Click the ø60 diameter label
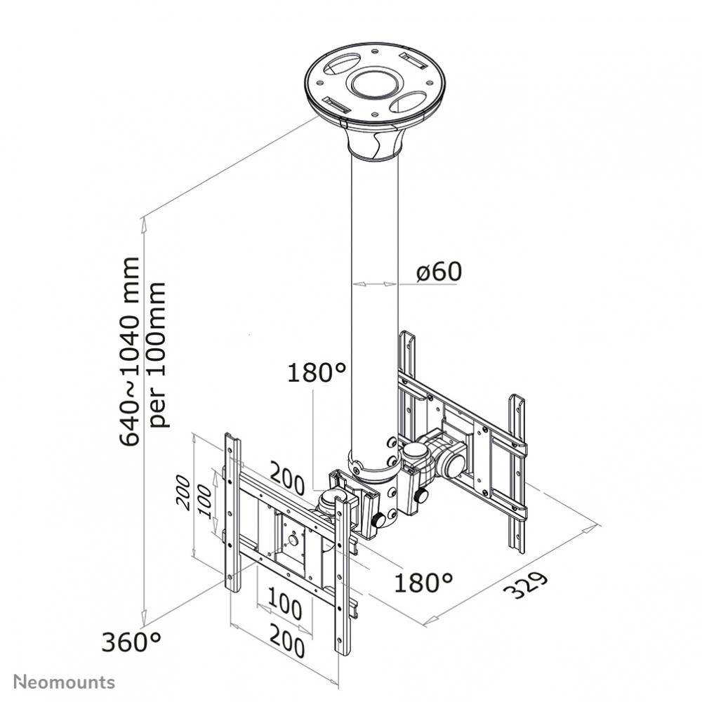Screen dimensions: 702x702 439,272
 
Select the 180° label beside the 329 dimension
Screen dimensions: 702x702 423,582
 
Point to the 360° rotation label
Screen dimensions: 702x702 131,641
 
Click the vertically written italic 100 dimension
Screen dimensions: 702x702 205,500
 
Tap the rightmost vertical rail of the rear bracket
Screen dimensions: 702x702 517,470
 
